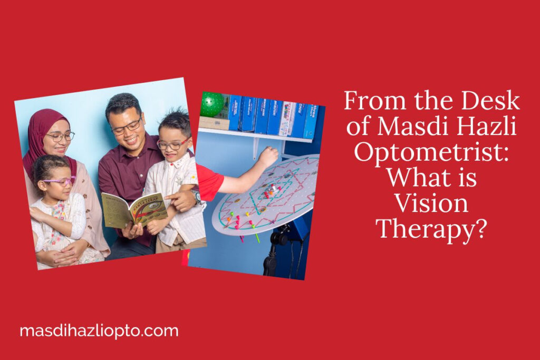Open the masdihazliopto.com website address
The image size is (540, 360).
tap(99, 331)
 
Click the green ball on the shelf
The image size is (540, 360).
tap(211, 104)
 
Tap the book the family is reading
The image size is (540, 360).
tap(134, 209)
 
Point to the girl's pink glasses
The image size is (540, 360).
tap(59, 181)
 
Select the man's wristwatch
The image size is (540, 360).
tap(196, 197)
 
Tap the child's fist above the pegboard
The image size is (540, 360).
tap(269, 156)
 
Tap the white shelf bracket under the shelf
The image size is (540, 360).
tap(256, 149)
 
